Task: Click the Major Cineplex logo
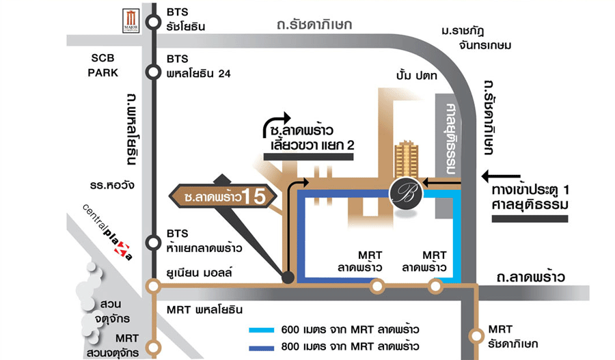pos(131,21)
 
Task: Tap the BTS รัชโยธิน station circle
pos(154,19)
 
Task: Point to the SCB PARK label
pos(103,66)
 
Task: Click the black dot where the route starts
pos(288,277)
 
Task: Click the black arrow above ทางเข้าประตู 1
pos(502,176)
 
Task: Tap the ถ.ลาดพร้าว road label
pos(531,277)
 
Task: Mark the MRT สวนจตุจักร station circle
pos(154,346)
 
